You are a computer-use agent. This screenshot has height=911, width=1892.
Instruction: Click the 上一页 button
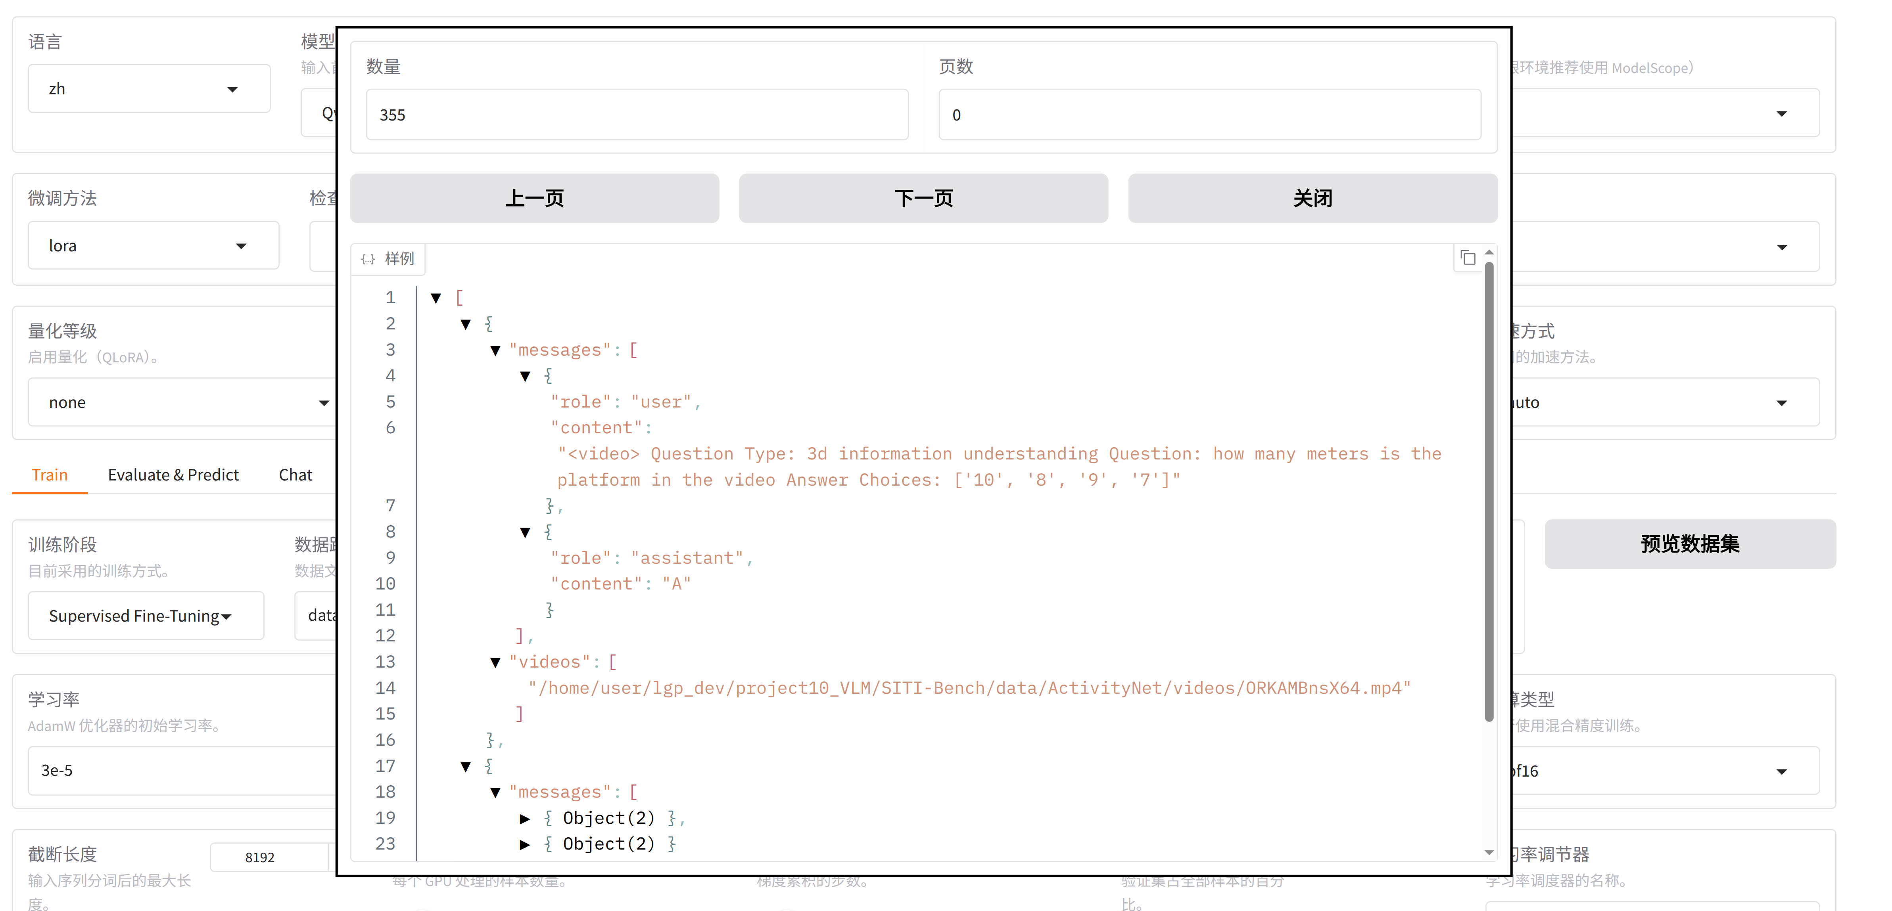tap(534, 198)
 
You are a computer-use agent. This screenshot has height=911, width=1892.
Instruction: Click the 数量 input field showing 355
tap(637, 115)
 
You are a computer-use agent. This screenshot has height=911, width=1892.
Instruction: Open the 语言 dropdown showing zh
tap(148, 89)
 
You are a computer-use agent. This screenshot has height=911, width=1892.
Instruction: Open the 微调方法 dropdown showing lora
tap(153, 246)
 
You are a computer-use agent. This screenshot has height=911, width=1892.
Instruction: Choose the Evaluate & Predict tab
tap(173, 475)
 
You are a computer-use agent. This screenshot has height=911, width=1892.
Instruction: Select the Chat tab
tap(295, 475)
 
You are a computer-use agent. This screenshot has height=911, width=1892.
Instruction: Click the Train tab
tap(50, 475)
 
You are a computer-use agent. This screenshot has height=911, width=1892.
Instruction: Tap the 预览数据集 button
tap(1689, 544)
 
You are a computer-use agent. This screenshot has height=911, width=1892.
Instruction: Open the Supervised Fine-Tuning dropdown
tap(146, 616)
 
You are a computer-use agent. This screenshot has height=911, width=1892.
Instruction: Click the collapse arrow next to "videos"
tap(495, 662)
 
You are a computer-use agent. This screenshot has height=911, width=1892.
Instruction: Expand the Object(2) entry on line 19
tap(524, 819)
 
